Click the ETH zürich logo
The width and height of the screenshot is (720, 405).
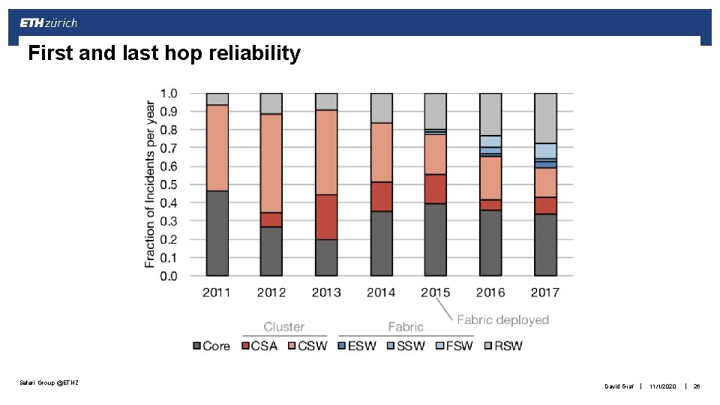48,22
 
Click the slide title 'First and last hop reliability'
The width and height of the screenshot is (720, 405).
163,53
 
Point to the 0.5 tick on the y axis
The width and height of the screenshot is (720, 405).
169,184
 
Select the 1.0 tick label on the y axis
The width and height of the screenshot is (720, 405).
169,94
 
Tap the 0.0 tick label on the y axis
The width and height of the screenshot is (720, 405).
169,276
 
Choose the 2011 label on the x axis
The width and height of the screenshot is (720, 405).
217,292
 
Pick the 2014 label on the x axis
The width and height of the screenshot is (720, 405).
381,292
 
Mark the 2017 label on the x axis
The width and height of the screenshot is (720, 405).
545,292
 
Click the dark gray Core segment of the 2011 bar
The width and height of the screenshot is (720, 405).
217,233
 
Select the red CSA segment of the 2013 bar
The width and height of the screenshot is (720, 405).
327,217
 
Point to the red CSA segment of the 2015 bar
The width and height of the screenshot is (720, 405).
436,189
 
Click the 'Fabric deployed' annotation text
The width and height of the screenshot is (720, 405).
502,320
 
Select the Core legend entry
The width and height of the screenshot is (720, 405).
211,346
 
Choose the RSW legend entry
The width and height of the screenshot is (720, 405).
502,346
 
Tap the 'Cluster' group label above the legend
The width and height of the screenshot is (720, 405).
283,327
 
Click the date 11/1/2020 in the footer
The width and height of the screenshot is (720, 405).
662,386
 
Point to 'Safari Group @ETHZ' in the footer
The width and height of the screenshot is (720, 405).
49,383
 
